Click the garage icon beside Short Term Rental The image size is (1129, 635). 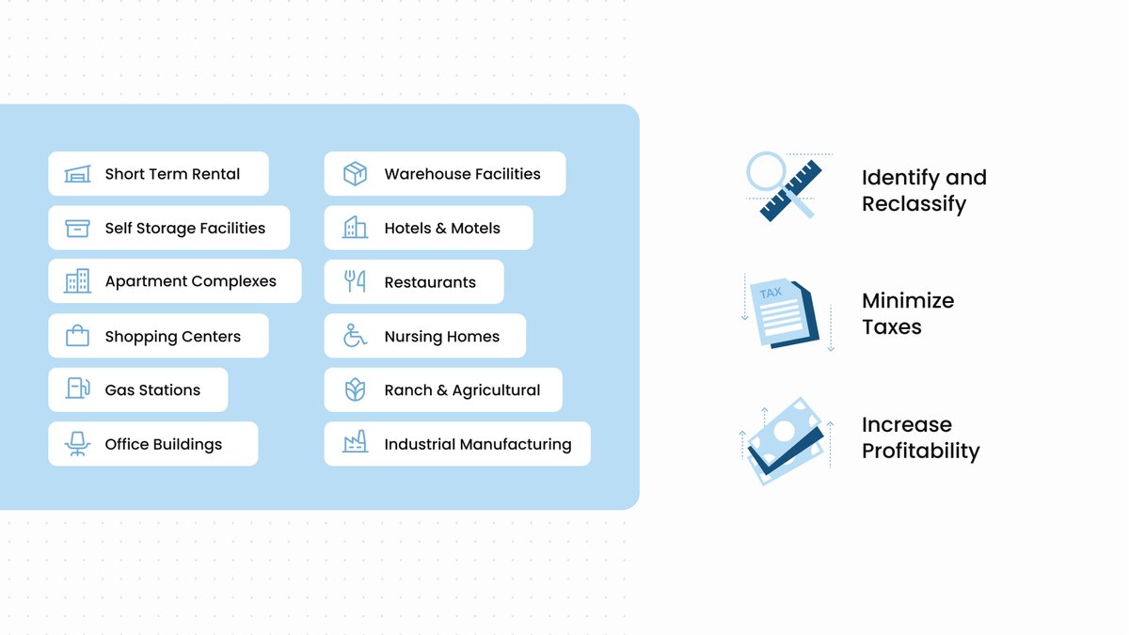(77, 174)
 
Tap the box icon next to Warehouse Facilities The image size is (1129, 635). (355, 174)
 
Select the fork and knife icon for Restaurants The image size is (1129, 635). (355, 281)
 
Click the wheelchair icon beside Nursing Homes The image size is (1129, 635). (355, 336)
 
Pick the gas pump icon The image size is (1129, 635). (77, 389)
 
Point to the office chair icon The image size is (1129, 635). (77, 443)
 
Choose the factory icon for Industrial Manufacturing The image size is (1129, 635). (355, 442)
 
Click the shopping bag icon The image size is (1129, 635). (77, 335)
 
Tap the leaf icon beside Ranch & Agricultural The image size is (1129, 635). (355, 389)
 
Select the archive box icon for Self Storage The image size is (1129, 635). (77, 229)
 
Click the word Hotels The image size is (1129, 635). (407, 229)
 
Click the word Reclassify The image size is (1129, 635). (914, 204)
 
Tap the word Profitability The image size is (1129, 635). (920, 451)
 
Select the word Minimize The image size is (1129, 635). (908, 301)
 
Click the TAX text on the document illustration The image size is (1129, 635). (771, 293)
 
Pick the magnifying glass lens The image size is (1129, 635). (766, 171)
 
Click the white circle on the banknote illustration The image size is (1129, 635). (785, 431)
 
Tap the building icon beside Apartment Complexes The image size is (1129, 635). (77, 280)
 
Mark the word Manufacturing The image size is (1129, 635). (516, 444)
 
